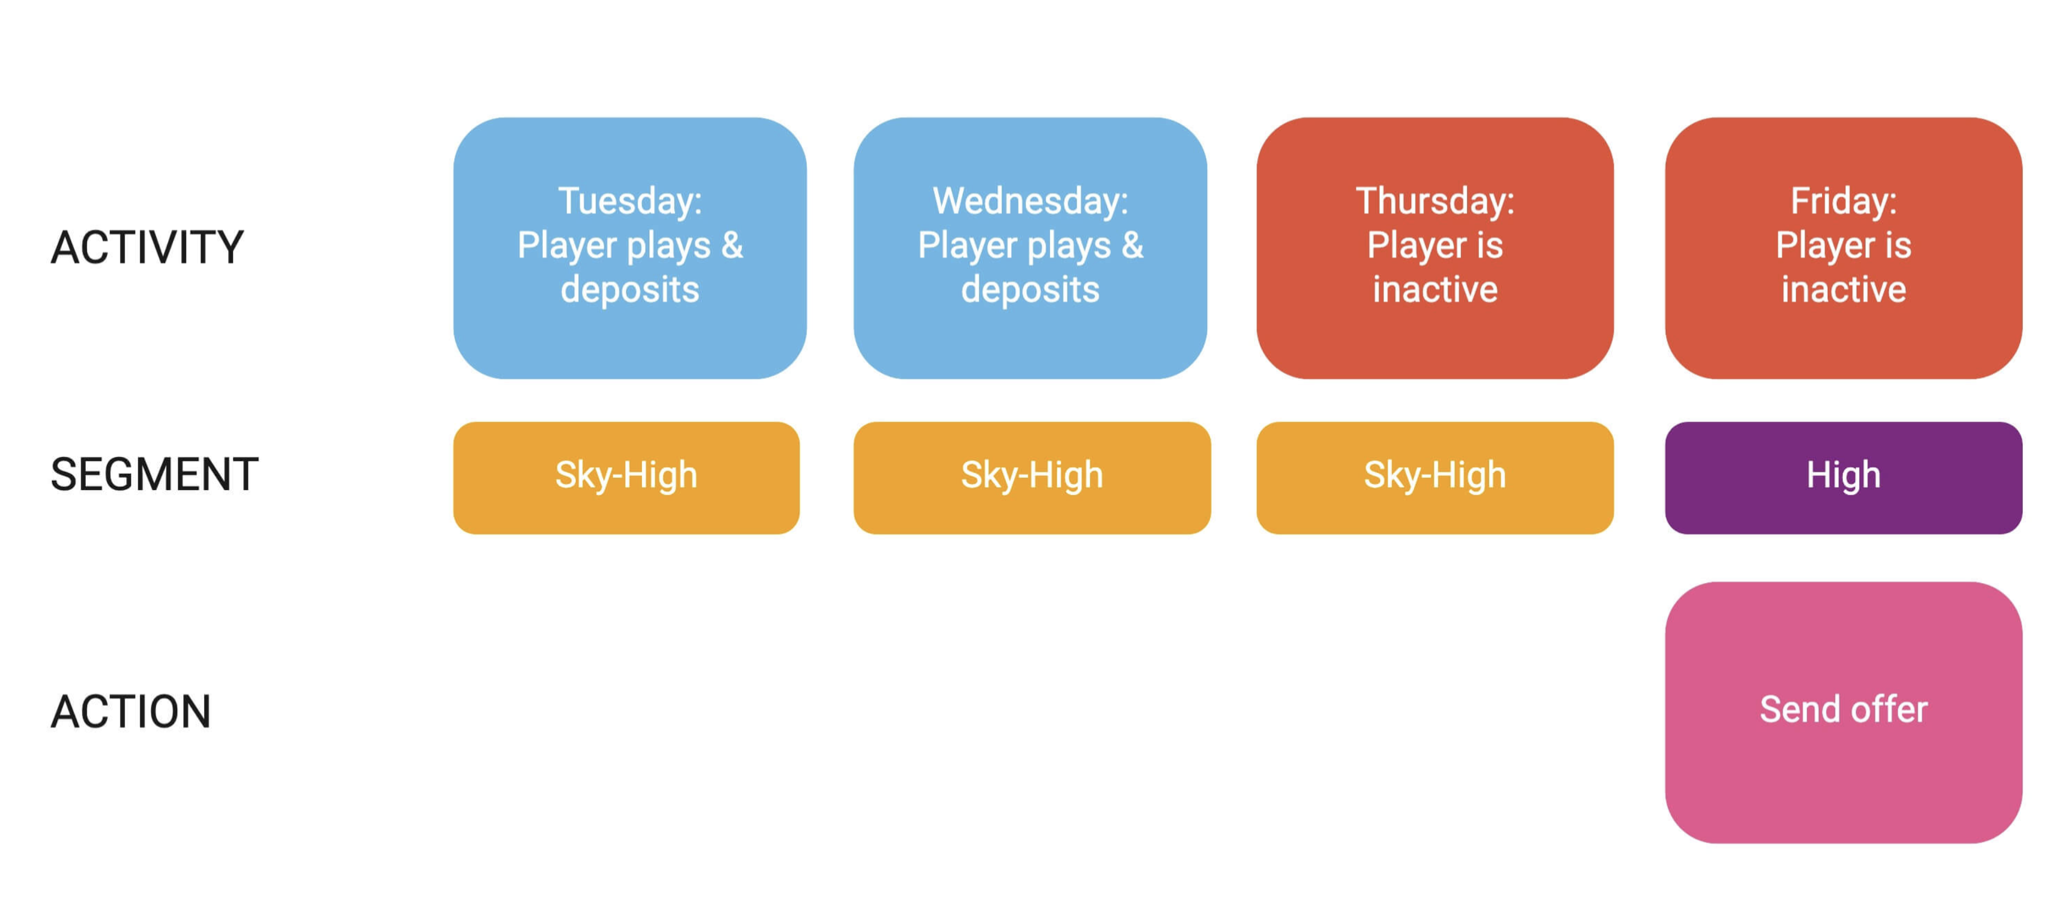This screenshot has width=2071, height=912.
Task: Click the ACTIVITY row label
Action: click(x=146, y=248)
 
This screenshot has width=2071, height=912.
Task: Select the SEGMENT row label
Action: click(x=154, y=474)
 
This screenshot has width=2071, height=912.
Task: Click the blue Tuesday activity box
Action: click(x=630, y=248)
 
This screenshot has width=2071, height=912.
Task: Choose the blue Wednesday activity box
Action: click(x=1030, y=248)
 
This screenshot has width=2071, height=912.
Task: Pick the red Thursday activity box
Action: click(x=1435, y=248)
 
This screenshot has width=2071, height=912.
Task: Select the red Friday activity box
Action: click(x=1843, y=248)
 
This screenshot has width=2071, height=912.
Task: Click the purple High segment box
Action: click(x=1843, y=478)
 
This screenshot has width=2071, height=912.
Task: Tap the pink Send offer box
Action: click(x=1843, y=713)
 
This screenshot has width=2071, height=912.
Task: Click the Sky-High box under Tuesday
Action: click(x=626, y=478)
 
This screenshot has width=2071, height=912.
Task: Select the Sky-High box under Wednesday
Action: click(x=1032, y=478)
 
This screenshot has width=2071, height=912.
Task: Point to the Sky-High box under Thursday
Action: click(x=1435, y=478)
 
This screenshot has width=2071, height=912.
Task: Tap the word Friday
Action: click(x=1839, y=202)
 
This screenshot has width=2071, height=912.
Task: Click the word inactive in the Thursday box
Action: click(x=1435, y=289)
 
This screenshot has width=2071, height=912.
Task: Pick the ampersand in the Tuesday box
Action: click(x=732, y=245)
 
